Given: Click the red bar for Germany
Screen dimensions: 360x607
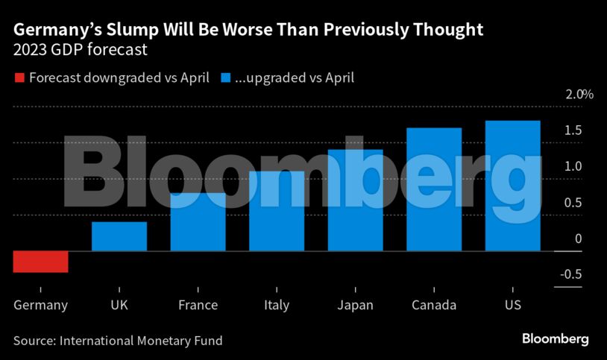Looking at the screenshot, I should pos(41,262).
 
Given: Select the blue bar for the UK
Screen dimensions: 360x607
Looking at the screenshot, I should pos(119,236).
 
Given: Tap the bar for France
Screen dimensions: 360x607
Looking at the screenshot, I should pos(198,222).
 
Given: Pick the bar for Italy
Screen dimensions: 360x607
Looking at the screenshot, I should pos(277,211).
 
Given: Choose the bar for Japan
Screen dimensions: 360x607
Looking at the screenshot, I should pos(355,200).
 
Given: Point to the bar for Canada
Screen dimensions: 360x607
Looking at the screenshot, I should pos(434,189).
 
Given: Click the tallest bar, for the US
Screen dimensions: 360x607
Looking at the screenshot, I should pos(512,186).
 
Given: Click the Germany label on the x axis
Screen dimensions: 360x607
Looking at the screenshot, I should pos(41,305).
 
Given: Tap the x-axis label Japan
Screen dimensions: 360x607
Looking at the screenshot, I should pos(355,305).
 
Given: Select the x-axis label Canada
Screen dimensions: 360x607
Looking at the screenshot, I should pos(434,305).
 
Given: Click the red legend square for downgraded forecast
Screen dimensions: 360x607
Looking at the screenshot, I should pos(19,78).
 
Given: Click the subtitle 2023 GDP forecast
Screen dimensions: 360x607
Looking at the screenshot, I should pos(81,51).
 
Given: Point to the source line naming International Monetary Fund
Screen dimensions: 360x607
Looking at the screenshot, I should pos(118,340).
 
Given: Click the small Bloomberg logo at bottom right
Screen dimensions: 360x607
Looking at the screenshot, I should pos(555,339).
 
